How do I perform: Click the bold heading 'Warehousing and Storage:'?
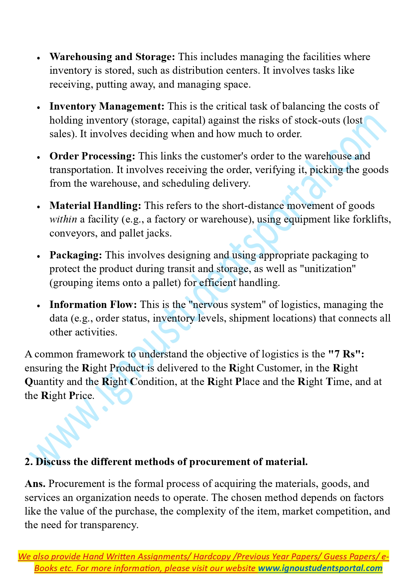[x=112, y=57]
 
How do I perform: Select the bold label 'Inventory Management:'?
[x=107, y=106]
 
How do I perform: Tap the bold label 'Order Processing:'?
[x=92, y=156]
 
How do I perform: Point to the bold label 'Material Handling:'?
[x=95, y=206]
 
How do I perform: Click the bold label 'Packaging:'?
[x=76, y=255]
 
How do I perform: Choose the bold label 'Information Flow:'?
[x=93, y=305]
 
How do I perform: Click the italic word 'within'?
[x=63, y=219]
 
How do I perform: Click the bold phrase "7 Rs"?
[x=346, y=354]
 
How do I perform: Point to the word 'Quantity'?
[x=44, y=382]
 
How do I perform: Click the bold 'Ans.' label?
[x=35, y=484]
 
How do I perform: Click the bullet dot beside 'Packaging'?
[x=39, y=256]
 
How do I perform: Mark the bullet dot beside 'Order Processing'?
[x=39, y=157]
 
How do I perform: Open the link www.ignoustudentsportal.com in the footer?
[x=320, y=568]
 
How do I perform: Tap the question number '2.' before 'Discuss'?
[x=29, y=462]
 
